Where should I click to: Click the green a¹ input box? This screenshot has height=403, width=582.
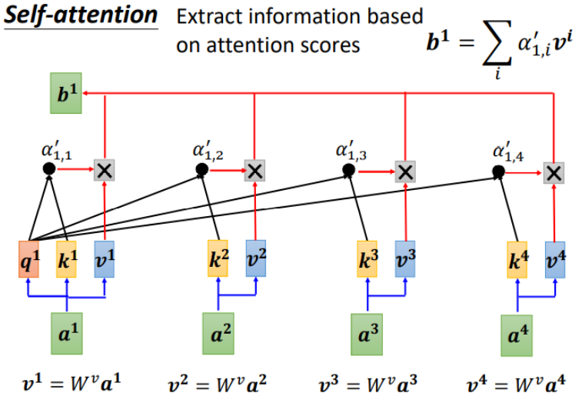(x=67, y=333)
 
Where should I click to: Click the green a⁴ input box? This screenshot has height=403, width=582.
(x=517, y=335)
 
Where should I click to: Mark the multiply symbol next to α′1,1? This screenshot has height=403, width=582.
(x=104, y=170)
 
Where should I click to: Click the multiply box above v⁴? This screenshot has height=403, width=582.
(x=554, y=173)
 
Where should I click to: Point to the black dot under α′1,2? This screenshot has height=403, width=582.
(x=201, y=169)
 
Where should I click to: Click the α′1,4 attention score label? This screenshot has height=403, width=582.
(x=507, y=151)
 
